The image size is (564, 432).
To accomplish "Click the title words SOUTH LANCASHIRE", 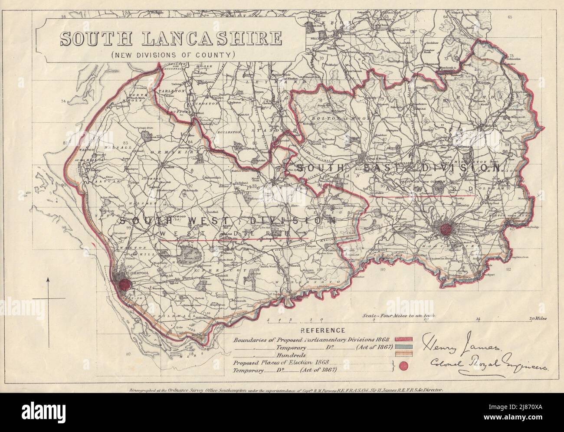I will tap(170, 39).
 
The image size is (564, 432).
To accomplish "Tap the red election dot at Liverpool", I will tap(125, 285).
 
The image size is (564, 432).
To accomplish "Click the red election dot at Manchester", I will tap(446, 229).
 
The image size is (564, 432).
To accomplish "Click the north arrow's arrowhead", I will tap(48, 282).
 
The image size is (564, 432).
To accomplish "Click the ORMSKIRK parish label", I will tap(166, 152).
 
